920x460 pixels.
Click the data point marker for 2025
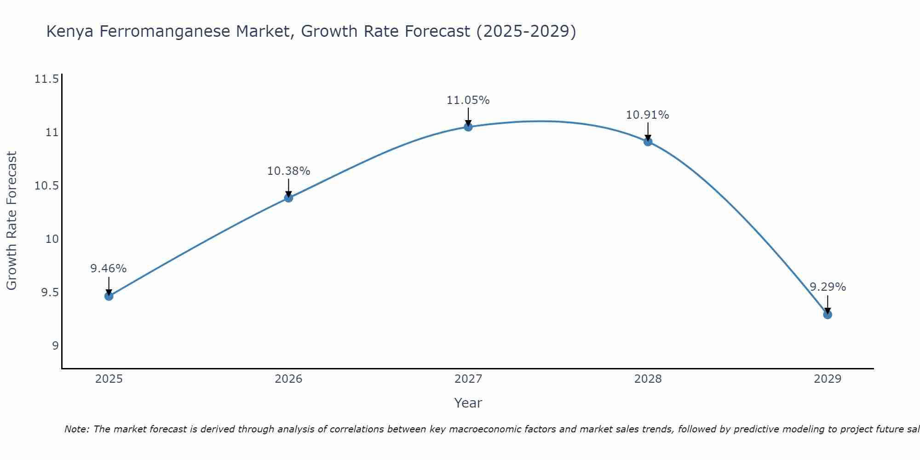click(x=109, y=296)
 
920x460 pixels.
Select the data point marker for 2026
click(x=288, y=198)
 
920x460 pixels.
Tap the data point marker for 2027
click(x=468, y=127)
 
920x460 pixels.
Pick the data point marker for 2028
click(x=648, y=142)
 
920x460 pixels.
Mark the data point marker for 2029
click(x=828, y=315)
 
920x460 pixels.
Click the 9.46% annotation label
click(x=109, y=269)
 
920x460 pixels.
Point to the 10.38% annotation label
click(x=288, y=171)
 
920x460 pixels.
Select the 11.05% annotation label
click(x=468, y=100)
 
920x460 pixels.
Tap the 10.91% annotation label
click(x=648, y=115)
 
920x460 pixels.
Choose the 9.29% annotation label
click(x=828, y=287)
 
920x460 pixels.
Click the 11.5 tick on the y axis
click(x=46, y=80)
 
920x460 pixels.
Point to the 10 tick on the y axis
click(x=52, y=239)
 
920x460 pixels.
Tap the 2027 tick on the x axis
click(x=468, y=379)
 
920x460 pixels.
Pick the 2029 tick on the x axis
click(x=828, y=379)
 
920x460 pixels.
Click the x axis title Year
click(x=468, y=403)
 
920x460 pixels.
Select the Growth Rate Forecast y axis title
click(x=12, y=221)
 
